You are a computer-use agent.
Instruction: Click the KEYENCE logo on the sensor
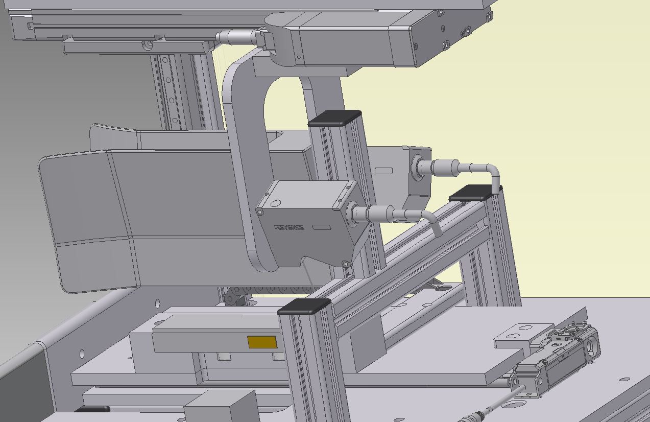pos(289,227)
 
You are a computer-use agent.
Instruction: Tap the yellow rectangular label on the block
pos(262,342)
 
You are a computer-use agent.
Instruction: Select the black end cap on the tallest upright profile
pos(334,118)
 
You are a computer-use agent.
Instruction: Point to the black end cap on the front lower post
pos(304,307)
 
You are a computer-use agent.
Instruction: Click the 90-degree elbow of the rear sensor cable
pos(493,173)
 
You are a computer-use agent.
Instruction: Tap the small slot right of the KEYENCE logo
pos(322,227)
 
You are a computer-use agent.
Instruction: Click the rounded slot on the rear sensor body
pos(383,171)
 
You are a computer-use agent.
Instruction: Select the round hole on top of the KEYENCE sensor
pos(275,203)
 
